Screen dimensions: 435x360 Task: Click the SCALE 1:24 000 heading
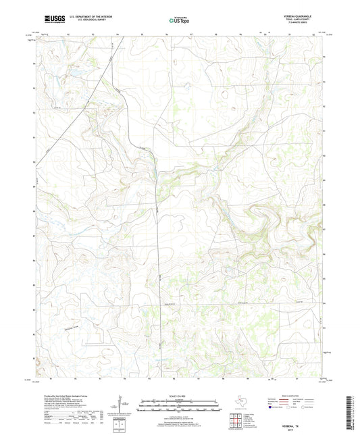point(180,395)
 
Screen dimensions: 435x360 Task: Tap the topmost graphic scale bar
point(180,401)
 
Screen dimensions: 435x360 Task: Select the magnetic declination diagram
point(120,405)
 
